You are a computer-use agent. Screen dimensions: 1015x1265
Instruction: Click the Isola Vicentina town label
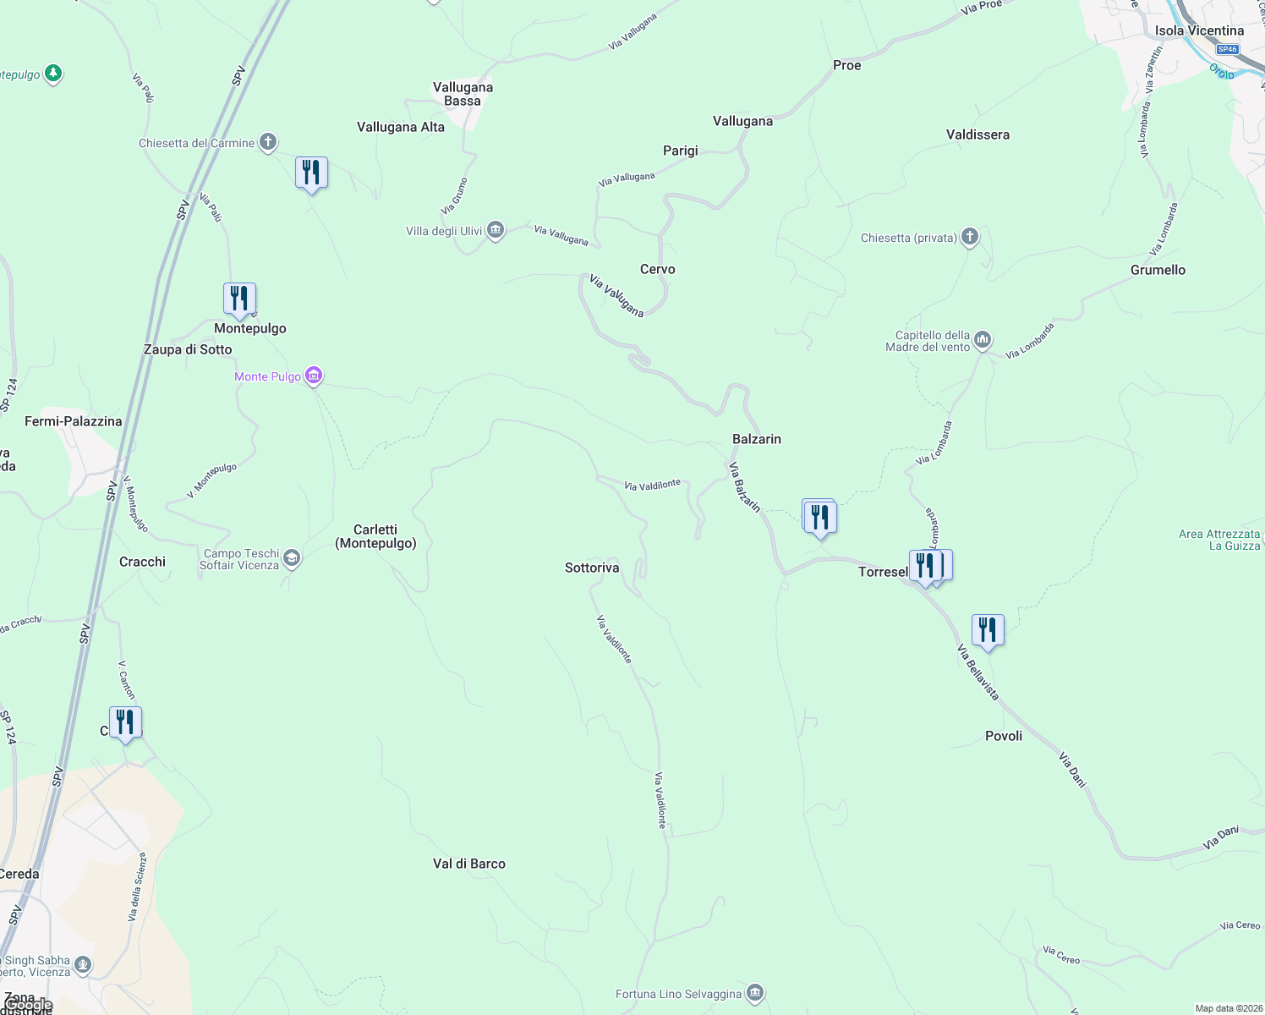[x=1199, y=30]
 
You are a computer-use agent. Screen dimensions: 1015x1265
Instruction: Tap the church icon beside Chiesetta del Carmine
[x=268, y=142]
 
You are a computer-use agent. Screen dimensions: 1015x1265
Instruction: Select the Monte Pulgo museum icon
[x=314, y=376]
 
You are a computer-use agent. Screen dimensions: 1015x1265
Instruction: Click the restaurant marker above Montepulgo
[x=239, y=299]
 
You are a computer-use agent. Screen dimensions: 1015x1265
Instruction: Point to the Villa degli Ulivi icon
[x=496, y=230]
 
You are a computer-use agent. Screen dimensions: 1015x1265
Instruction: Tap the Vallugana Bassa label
[x=463, y=94]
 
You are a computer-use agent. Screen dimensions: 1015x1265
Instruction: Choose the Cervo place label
[x=657, y=269]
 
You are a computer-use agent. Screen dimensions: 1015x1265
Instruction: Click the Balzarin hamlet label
[x=756, y=439]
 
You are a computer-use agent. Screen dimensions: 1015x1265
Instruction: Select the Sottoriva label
[x=592, y=568]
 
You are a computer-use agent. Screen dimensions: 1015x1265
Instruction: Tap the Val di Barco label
[x=468, y=864]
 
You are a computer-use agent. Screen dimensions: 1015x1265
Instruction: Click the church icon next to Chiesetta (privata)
[x=970, y=237]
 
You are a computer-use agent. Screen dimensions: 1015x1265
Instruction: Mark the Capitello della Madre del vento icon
[x=982, y=340]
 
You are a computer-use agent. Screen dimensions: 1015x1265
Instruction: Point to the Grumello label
[x=1158, y=270]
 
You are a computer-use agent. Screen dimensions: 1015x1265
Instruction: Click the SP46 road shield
[x=1227, y=49]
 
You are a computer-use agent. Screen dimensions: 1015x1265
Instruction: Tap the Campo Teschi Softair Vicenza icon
[x=292, y=558]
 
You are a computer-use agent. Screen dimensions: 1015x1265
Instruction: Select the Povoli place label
[x=1004, y=736]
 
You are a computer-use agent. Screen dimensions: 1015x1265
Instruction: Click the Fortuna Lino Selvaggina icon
[x=755, y=993]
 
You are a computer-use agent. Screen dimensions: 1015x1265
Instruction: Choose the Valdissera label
[x=977, y=134]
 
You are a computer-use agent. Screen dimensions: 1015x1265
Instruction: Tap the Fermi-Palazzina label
[x=74, y=421]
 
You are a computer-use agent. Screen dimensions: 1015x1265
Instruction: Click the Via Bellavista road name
[x=977, y=672]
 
